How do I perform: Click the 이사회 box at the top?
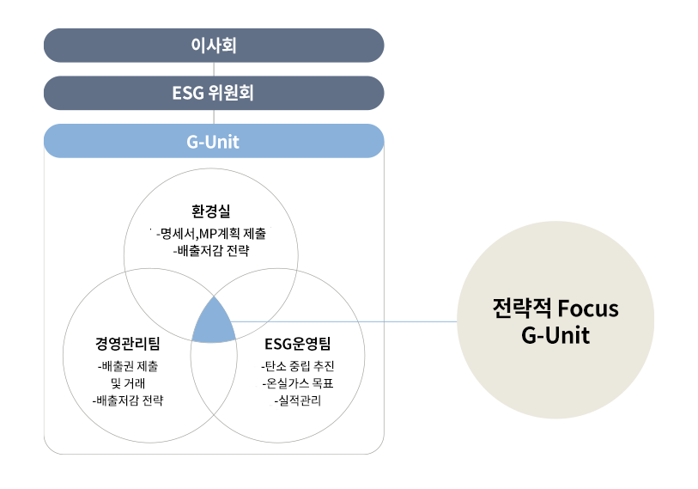click(x=213, y=46)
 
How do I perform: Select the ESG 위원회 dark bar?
click(x=213, y=93)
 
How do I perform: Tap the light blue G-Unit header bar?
click(x=213, y=142)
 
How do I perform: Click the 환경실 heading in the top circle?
click(x=211, y=211)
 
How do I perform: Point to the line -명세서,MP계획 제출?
click(x=211, y=233)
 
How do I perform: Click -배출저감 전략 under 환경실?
click(x=211, y=251)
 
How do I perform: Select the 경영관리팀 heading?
click(x=128, y=345)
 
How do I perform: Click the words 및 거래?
click(x=128, y=382)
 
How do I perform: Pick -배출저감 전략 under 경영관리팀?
click(x=128, y=400)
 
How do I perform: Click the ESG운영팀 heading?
click(x=297, y=345)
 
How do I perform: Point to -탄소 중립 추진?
click(x=297, y=365)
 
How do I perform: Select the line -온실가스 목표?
click(x=297, y=382)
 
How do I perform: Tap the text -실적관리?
click(x=297, y=400)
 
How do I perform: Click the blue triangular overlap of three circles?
click(x=213, y=324)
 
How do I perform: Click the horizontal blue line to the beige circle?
click(x=343, y=321)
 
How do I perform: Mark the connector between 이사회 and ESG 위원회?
click(x=213, y=70)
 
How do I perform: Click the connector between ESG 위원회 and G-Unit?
click(x=213, y=117)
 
